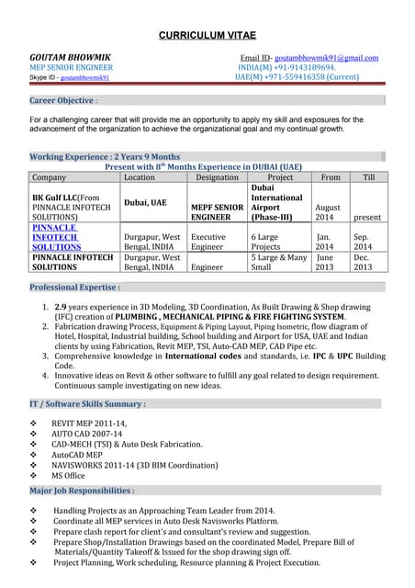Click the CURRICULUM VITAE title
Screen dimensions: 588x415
207,35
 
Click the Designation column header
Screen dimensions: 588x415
217,177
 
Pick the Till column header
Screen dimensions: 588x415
368,177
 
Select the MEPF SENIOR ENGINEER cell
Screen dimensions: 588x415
217,213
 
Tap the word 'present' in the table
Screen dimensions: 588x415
368,220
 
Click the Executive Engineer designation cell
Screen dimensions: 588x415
208,242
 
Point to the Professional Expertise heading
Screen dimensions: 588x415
75,288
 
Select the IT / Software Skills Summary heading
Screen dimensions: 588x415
88,403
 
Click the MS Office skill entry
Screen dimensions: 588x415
68,475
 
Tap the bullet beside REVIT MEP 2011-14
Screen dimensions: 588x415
34,423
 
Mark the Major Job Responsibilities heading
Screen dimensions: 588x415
83,491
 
